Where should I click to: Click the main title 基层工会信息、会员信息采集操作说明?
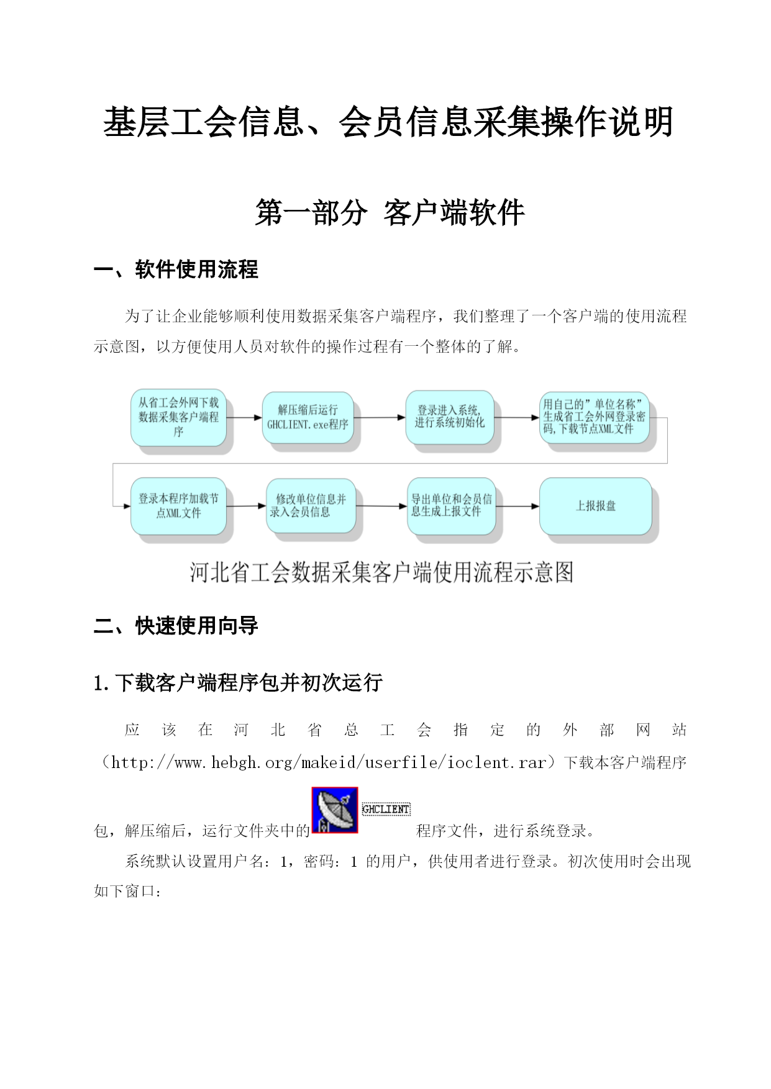click(x=388, y=121)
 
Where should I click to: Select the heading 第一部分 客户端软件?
click(x=390, y=212)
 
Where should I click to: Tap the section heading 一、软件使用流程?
click(x=176, y=269)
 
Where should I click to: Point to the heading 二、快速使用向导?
click(x=176, y=626)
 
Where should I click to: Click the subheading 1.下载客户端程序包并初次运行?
click(x=238, y=683)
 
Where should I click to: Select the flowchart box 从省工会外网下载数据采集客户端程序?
click(x=179, y=417)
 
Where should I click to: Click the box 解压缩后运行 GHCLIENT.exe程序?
click(x=308, y=417)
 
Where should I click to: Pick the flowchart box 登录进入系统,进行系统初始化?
click(x=450, y=417)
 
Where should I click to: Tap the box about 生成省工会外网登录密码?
click(x=595, y=417)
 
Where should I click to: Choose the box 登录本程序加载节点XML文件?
click(x=179, y=506)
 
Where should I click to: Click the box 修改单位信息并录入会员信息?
click(x=311, y=505)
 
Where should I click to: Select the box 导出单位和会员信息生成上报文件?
click(x=452, y=506)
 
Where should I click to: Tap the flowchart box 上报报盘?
click(x=596, y=506)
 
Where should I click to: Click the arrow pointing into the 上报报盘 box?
click(x=518, y=507)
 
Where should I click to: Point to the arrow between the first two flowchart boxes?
click(x=244, y=418)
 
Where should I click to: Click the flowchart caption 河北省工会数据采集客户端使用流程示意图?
click(x=381, y=572)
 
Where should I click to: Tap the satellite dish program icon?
click(x=335, y=810)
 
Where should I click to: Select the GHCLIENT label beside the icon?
click(x=386, y=809)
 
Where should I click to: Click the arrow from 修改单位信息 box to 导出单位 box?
click(x=381, y=506)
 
